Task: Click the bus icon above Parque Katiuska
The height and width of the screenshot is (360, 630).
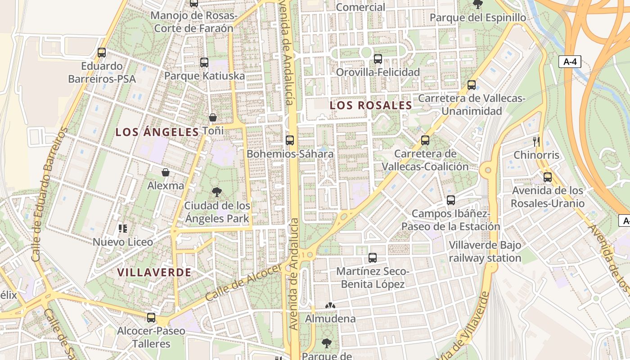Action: click(204, 63)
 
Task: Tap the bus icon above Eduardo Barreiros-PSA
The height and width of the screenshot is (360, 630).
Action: click(102, 53)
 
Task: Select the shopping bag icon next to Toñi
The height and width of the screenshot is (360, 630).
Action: click(213, 117)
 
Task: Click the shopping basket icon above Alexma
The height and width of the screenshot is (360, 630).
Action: click(166, 172)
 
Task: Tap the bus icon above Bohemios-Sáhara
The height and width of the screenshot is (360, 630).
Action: click(290, 140)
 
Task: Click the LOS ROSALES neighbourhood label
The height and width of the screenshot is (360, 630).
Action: click(371, 105)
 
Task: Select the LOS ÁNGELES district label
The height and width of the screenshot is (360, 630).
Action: click(157, 132)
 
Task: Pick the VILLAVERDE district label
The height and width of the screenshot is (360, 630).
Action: click(154, 272)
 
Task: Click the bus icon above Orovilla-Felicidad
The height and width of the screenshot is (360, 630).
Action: click(378, 59)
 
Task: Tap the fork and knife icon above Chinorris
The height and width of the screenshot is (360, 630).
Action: click(536, 142)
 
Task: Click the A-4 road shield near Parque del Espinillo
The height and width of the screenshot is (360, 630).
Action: click(570, 62)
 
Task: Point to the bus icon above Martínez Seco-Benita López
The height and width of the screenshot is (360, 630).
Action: click(373, 258)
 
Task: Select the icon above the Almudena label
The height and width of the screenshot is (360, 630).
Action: click(330, 306)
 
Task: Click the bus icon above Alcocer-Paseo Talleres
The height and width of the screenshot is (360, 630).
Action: click(151, 318)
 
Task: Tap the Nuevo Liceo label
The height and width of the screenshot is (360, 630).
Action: click(123, 242)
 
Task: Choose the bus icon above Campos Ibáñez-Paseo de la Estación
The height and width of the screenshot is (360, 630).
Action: click(451, 200)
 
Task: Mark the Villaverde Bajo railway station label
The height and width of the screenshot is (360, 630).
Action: click(485, 252)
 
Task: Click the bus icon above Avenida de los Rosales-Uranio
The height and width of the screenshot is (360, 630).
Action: click(548, 177)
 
